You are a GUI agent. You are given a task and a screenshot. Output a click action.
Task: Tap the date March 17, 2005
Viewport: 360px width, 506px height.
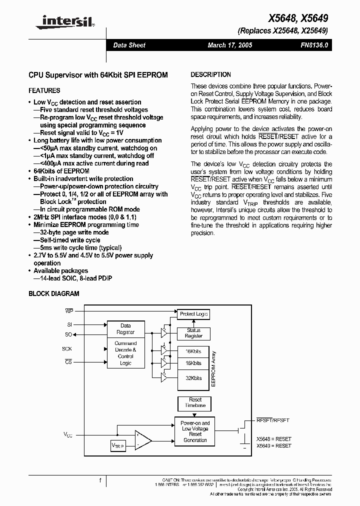(x=230, y=45)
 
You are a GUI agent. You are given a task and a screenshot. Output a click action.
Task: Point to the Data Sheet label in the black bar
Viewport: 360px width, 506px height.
(x=129, y=45)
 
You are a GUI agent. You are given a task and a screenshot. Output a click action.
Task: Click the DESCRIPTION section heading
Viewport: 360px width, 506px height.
(x=211, y=74)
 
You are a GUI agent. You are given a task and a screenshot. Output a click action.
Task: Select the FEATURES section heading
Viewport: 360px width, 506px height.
(x=44, y=90)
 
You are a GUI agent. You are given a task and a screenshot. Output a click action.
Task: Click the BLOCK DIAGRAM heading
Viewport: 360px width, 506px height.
(x=54, y=294)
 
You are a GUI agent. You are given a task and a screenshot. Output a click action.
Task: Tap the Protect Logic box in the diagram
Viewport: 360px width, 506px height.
(x=193, y=314)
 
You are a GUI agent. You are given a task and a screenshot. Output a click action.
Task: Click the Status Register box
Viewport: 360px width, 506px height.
(x=193, y=333)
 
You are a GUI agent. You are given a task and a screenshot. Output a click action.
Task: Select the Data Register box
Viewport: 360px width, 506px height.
(x=125, y=329)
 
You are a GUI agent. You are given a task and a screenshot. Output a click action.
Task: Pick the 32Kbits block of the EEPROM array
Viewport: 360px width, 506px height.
(x=193, y=378)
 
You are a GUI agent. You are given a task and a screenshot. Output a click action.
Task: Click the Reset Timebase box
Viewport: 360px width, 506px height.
(x=195, y=403)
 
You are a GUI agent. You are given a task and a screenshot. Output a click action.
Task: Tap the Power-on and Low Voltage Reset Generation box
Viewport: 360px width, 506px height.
(x=195, y=431)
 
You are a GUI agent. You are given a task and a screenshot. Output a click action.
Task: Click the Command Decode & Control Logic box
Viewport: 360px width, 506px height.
(x=125, y=353)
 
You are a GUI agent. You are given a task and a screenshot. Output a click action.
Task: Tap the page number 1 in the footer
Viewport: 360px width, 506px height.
(x=100, y=480)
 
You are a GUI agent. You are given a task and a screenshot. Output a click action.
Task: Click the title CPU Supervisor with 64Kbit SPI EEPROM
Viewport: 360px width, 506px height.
(x=98, y=75)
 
